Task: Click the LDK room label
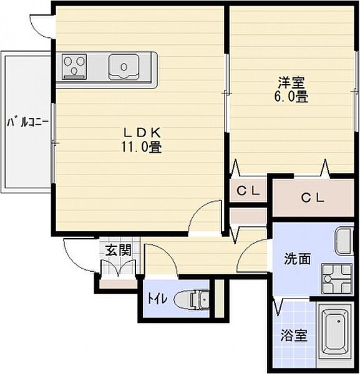coord(142,133)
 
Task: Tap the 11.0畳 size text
coord(142,147)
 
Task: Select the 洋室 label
coord(291,83)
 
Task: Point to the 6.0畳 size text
coord(291,97)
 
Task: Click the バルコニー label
coord(27,122)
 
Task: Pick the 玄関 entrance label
coord(119,250)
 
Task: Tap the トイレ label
coord(157,299)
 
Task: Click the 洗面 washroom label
coord(298,259)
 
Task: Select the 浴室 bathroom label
coord(294,335)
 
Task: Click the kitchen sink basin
coord(124,67)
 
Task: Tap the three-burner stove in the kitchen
coord(74,66)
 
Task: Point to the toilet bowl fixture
coord(192,299)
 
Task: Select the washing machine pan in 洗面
coord(337,279)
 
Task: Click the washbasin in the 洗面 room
coord(344,241)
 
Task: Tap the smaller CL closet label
coord(248,191)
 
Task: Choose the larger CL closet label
coord(313,198)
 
